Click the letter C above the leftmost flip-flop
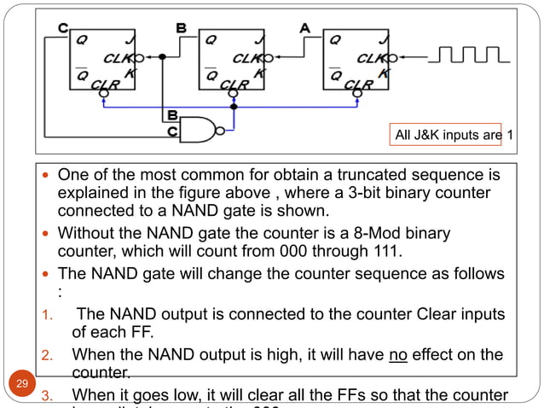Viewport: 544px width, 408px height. point(63,28)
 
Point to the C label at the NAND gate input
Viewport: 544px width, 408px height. point(171,131)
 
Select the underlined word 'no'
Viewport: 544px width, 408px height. point(396,353)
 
